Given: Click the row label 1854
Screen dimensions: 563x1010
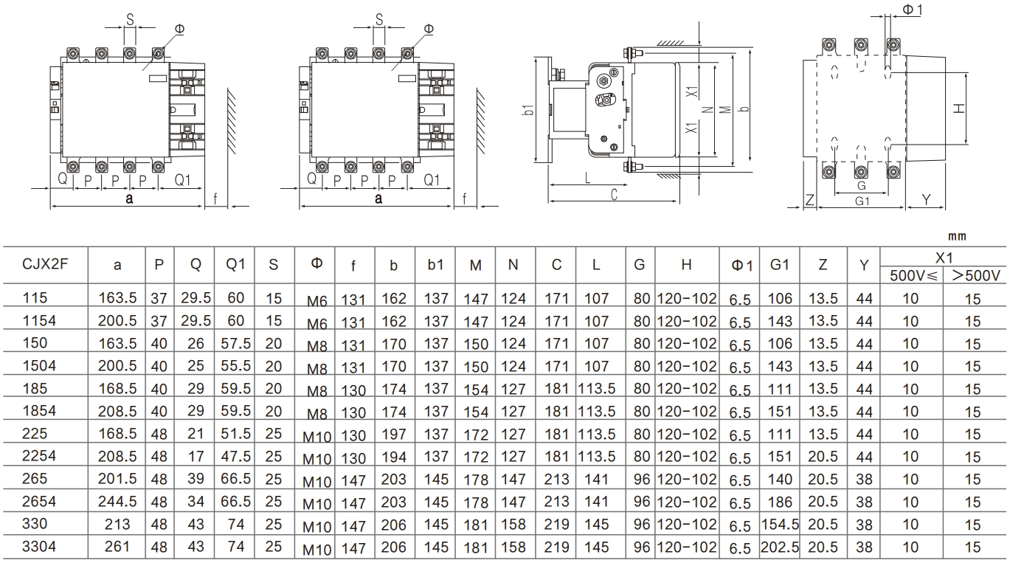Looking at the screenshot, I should click(38, 411).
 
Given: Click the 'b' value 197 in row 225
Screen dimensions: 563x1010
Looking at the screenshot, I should click(395, 434).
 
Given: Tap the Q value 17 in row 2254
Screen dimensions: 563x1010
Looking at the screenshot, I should click(195, 456).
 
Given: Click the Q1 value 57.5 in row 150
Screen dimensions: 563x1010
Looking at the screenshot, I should click(235, 343).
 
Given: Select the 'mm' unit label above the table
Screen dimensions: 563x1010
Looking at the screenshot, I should click(956, 237).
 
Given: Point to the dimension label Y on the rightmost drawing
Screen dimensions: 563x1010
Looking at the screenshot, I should click(927, 199).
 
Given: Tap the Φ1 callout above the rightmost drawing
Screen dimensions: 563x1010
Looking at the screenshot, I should click(912, 9).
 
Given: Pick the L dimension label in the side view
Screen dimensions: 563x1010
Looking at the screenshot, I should click(587, 178).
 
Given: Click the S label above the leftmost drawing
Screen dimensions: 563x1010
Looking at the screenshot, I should click(129, 19).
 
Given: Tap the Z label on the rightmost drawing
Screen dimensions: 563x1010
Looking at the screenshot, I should click(809, 199).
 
